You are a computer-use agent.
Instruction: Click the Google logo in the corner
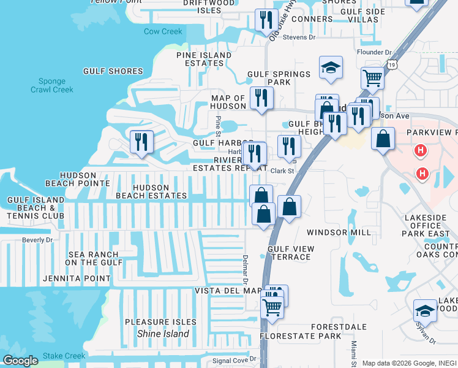pyautogui.click(x=20, y=361)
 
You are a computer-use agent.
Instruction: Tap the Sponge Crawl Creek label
pyautogui.click(x=52, y=85)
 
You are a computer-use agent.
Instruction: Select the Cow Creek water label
pyautogui.click(x=163, y=31)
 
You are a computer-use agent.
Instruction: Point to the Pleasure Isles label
pyautogui.click(x=160, y=322)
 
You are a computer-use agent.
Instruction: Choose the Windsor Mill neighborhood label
pyautogui.click(x=339, y=232)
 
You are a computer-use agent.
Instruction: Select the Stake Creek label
pyautogui.click(x=64, y=356)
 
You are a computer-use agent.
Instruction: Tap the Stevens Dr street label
pyautogui.click(x=300, y=37)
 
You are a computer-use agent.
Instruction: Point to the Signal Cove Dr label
pyautogui.click(x=234, y=360)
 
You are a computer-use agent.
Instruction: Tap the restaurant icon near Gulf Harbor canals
pyautogui.click(x=142, y=142)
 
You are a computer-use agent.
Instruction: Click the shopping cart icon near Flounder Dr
pyautogui.click(x=372, y=79)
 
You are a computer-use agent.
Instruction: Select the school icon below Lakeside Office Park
pyautogui.click(x=426, y=311)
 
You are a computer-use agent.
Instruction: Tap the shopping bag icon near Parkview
pyautogui.click(x=383, y=139)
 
